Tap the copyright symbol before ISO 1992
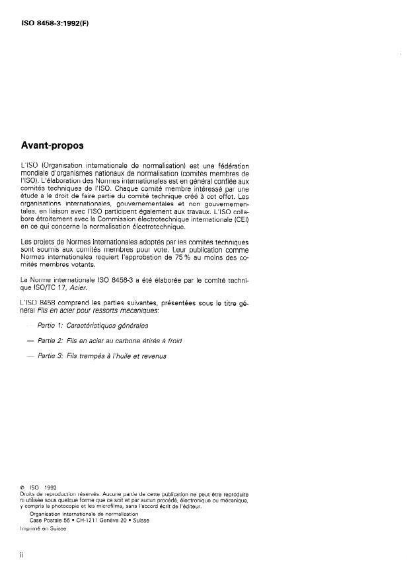click(23, 488)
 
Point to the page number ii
click(22, 555)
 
